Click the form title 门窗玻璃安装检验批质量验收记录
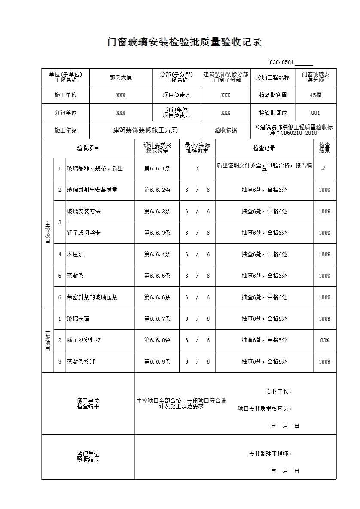point(185,42)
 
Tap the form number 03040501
point(282,62)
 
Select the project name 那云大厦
point(121,78)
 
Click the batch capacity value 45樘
point(315,95)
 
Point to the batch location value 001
point(315,113)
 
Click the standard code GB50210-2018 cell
point(294,130)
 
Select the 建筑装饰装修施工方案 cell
point(145,130)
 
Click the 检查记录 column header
point(264,148)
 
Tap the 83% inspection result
point(324,340)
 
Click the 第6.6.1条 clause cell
point(157,169)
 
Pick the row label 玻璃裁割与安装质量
point(92,190)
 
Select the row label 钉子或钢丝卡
point(83,233)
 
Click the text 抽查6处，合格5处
point(264,340)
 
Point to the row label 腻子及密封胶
point(83,340)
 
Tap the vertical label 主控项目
point(47,232)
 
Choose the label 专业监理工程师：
point(270,454)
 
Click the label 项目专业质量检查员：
point(265,409)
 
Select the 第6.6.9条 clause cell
point(157,362)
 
